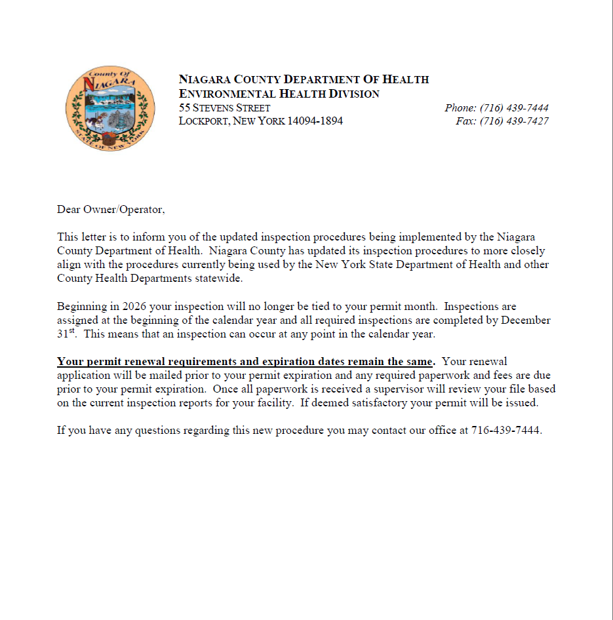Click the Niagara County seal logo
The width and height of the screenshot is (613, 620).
tap(110, 109)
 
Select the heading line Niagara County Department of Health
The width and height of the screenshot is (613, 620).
tap(304, 79)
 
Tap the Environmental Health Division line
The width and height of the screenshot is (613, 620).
tap(279, 94)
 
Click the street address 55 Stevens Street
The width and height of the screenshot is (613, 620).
tap(224, 108)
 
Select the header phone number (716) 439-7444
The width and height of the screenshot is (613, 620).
tap(513, 108)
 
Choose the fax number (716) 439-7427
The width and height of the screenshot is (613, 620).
tap(513, 121)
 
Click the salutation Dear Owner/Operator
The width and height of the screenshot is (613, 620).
tap(111, 210)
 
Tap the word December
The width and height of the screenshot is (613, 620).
tap(526, 320)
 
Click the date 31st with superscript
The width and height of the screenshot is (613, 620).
tap(66, 334)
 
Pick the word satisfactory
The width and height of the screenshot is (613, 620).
tap(370, 403)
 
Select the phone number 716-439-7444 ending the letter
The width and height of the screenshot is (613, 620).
tap(505, 431)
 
